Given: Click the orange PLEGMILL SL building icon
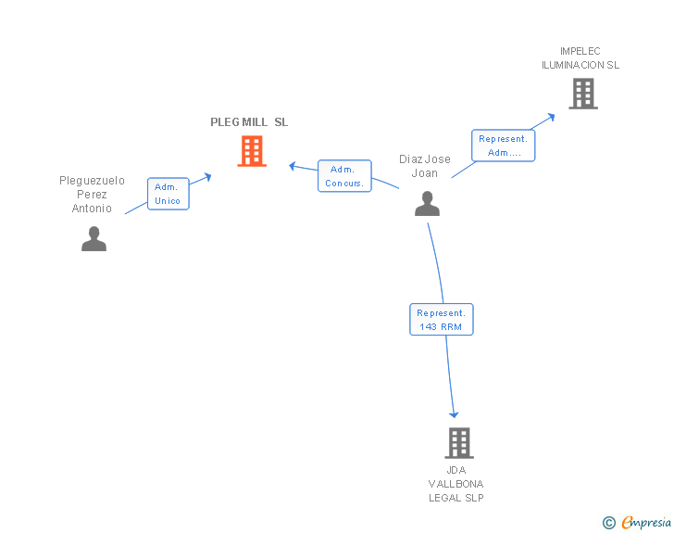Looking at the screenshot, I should pyautogui.click(x=252, y=150).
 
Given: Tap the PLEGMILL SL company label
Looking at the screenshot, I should pyautogui.click(x=249, y=122).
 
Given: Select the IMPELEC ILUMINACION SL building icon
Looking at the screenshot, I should pyautogui.click(x=582, y=94).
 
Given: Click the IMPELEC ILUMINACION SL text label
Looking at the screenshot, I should pyautogui.click(x=580, y=58).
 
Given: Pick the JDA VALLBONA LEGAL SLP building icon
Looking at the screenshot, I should pyautogui.click(x=459, y=443).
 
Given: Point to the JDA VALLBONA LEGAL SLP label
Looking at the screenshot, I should pyautogui.click(x=456, y=484).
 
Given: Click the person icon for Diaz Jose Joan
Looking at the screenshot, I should pyautogui.click(x=427, y=203).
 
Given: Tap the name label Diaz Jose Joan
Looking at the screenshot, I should pyautogui.click(x=425, y=166).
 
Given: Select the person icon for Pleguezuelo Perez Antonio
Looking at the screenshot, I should pyautogui.click(x=94, y=238).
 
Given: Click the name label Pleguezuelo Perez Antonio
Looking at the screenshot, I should pyautogui.click(x=93, y=195).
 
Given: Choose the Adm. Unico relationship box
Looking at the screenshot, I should pyautogui.click(x=168, y=194).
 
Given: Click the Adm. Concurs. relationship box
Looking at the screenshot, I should pyautogui.click(x=344, y=176).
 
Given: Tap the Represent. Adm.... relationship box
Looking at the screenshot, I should pyautogui.click(x=504, y=146).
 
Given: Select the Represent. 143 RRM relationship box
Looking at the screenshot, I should pyautogui.click(x=442, y=320).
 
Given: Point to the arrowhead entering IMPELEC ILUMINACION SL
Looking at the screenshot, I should pyautogui.click(x=551, y=117).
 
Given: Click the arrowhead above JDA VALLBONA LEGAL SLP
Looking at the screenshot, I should pyautogui.click(x=454, y=413).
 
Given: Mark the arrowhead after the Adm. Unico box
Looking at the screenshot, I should pyautogui.click(x=208, y=174).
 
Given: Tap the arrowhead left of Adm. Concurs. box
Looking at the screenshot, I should pyautogui.click(x=293, y=166).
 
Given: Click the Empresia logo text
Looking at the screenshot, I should pyautogui.click(x=646, y=523).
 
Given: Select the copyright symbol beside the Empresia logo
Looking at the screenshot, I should pyautogui.click(x=608, y=524).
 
